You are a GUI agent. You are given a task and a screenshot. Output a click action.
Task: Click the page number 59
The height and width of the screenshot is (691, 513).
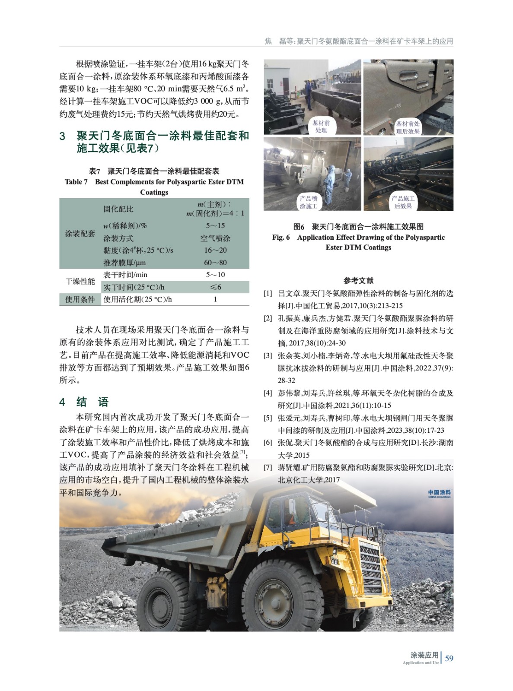449,658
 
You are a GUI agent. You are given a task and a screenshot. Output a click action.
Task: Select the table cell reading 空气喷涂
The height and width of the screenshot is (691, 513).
215,238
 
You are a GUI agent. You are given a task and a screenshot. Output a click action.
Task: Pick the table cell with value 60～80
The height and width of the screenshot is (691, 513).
215,263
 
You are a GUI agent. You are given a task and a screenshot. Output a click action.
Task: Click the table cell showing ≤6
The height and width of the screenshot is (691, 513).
215,287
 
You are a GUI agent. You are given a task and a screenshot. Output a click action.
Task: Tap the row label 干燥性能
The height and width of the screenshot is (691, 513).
80,281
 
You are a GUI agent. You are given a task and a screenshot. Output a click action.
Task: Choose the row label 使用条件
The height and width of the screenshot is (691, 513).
80,299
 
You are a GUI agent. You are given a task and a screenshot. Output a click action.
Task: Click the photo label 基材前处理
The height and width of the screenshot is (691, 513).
321,126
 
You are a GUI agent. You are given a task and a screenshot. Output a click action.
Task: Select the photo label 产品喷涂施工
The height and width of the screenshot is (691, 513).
309,202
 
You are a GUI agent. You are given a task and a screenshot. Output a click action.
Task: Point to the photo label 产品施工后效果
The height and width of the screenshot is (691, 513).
403,202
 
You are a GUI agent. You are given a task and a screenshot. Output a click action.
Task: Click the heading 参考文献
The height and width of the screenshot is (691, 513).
358,280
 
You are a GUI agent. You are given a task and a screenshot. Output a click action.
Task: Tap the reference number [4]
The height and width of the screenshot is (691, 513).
268,393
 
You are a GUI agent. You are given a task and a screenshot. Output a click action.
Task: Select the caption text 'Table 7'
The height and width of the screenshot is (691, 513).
76,182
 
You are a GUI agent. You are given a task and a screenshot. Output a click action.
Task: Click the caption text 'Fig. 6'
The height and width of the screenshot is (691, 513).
281,237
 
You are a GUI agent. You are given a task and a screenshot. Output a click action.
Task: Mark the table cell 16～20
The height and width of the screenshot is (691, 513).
215,250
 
